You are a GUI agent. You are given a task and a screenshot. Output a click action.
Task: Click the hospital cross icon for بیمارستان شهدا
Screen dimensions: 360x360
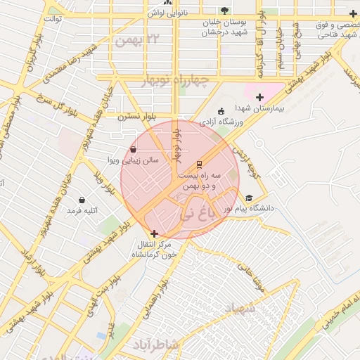[x=260, y=96]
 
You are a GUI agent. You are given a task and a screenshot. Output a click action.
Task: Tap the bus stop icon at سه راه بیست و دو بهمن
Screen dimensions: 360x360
[x=199, y=163]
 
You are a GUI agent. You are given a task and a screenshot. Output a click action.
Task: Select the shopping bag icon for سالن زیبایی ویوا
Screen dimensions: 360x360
[x=134, y=149]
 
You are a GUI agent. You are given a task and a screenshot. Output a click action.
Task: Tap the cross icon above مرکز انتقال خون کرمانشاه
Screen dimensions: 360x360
[x=154, y=233]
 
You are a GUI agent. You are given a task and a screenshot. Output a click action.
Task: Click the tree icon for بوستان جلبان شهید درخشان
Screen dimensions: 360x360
[x=224, y=11]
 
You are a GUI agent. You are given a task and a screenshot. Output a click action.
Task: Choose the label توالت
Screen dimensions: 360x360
[x=53, y=19]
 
